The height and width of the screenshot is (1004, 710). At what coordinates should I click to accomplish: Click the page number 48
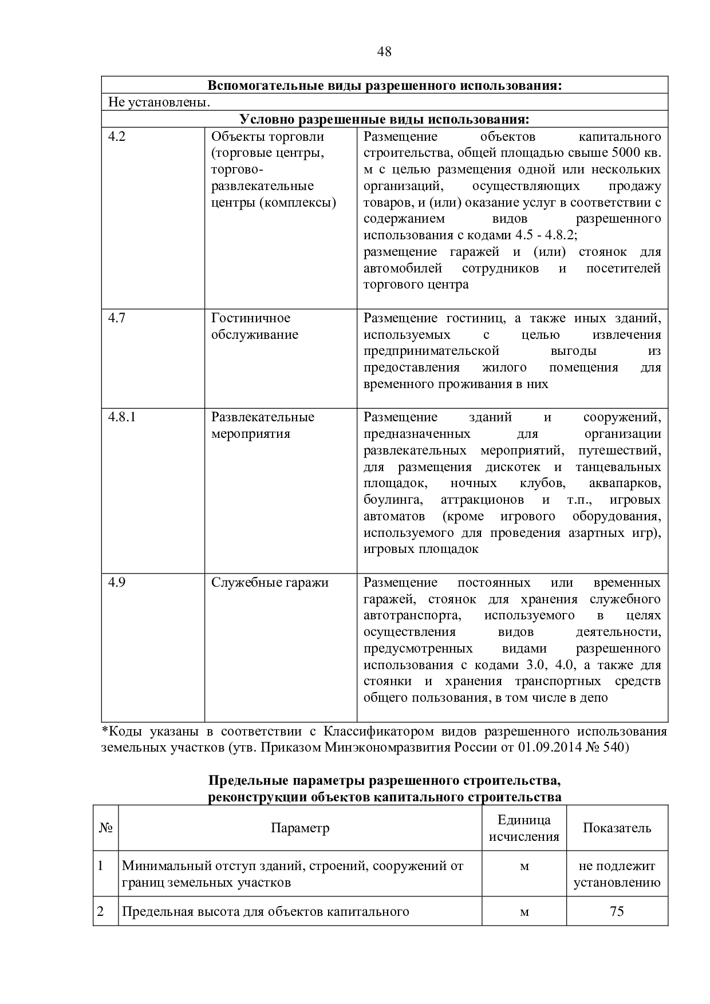coord(384,52)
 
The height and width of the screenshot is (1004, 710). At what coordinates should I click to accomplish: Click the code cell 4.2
coord(117,137)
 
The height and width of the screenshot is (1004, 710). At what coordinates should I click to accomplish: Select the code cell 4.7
coord(117,318)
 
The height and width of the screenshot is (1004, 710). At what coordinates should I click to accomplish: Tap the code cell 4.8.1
coord(122,417)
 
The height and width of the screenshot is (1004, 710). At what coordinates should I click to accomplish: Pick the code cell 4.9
coord(117,583)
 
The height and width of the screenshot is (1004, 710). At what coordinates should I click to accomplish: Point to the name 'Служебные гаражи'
coord(270,583)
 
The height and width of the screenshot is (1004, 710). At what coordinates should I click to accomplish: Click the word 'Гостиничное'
coord(251,318)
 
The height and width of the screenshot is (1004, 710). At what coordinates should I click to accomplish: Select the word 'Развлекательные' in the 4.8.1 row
coord(263,417)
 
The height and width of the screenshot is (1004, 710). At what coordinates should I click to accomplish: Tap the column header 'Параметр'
coord(300,828)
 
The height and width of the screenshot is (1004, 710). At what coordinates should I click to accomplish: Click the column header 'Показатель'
coord(617,828)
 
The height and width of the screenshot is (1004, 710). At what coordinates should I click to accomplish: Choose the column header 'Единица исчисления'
coord(523,828)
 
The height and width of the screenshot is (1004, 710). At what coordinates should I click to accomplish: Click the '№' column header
coord(105,828)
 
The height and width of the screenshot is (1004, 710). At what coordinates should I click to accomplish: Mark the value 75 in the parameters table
coord(617,911)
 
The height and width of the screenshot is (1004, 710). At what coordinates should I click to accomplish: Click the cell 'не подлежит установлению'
coord(617,875)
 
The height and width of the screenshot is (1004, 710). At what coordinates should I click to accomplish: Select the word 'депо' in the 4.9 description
coord(595,698)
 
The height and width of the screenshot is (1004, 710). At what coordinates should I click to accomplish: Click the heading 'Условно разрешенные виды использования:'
coord(384,119)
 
